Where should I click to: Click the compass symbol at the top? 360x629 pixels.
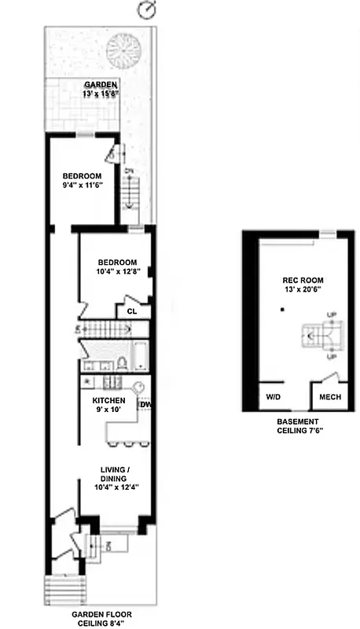[x=146, y=10]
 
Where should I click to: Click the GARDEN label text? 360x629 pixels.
[x=101, y=85]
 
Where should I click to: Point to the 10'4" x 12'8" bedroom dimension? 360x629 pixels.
[x=117, y=272]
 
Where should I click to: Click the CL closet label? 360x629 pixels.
[x=133, y=311]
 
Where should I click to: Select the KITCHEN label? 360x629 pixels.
[x=108, y=400]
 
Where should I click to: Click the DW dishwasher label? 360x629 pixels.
[x=145, y=405]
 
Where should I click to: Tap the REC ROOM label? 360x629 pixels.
[x=303, y=281]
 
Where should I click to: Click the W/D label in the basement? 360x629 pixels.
[x=273, y=397]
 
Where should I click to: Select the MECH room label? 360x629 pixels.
[x=329, y=397]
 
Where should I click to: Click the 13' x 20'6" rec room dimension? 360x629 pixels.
[x=303, y=290]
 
